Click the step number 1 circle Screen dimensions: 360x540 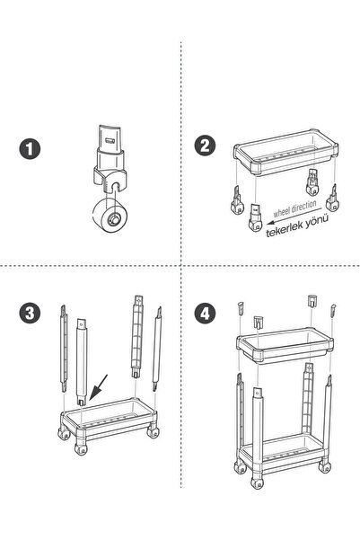pyautogui.click(x=30, y=149)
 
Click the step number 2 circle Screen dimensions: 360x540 pyautogui.click(x=205, y=146)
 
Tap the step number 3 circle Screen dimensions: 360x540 pyautogui.click(x=30, y=313)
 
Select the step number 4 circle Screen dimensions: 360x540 pyautogui.click(x=205, y=313)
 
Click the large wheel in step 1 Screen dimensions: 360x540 pyautogui.click(x=109, y=216)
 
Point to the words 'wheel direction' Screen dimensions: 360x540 pyautogui.click(x=295, y=208)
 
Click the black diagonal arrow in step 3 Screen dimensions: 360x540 pyautogui.click(x=98, y=388)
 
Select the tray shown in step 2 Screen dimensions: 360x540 pyautogui.click(x=285, y=152)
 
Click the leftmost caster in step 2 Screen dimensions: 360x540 pyautogui.click(x=237, y=200)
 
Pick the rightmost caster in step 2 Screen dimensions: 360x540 pyautogui.click(x=332, y=199)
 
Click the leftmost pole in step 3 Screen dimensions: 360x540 pyautogui.click(x=64, y=349)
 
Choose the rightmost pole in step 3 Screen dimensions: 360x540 pyautogui.click(x=157, y=349)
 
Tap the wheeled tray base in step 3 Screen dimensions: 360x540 pyautogui.click(x=109, y=425)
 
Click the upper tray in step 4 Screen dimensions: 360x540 pyautogui.click(x=285, y=345)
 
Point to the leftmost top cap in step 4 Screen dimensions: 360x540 pyautogui.click(x=241, y=307)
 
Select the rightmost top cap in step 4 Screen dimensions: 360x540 pyautogui.click(x=333, y=311)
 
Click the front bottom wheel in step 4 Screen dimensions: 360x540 pyautogui.click(x=257, y=482)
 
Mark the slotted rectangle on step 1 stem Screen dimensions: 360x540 pyautogui.click(x=110, y=140)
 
